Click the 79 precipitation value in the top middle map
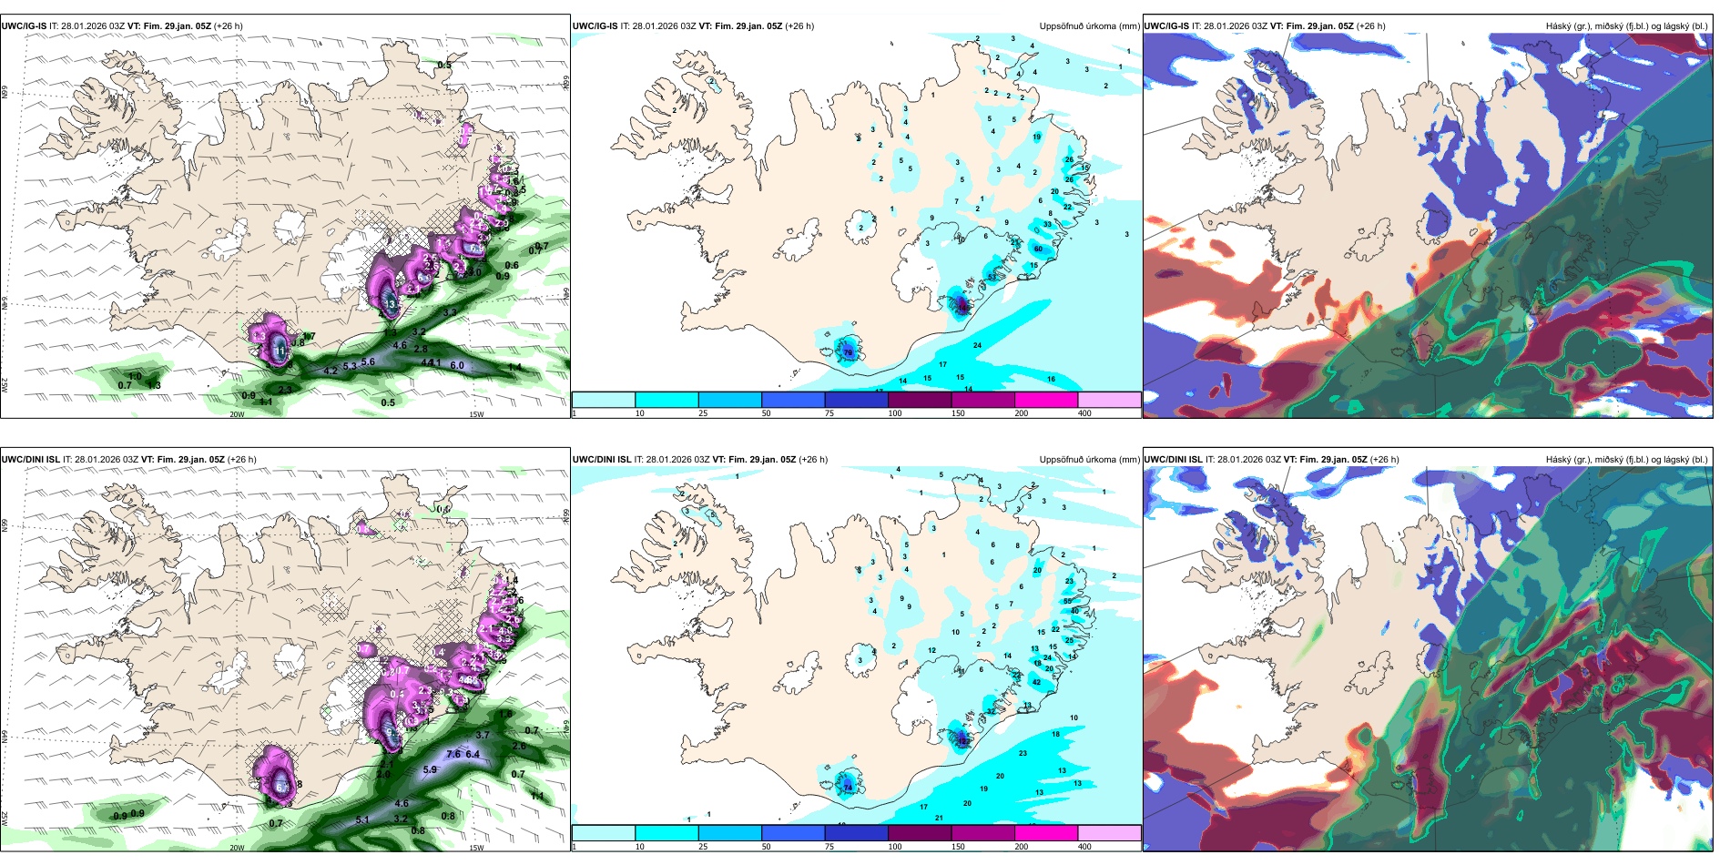[848, 352]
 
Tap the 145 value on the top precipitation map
[961, 308]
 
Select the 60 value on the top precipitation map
[1038, 249]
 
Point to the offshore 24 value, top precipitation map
[977, 346]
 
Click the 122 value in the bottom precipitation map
[963, 741]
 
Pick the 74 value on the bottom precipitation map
[848, 787]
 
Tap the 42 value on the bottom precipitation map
[1036, 682]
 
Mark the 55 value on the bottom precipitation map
[1067, 601]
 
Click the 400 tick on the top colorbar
[1084, 413]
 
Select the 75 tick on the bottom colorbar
[829, 847]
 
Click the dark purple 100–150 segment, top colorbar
[919, 400]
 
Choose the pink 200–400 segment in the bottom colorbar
[1046, 833]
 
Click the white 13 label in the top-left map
[391, 304]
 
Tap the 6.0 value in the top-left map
[457, 366]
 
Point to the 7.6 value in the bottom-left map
[453, 754]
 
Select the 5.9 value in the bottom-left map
[430, 769]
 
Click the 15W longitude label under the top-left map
[476, 414]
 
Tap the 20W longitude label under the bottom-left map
[237, 848]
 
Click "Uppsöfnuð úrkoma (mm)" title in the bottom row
[1089, 460]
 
